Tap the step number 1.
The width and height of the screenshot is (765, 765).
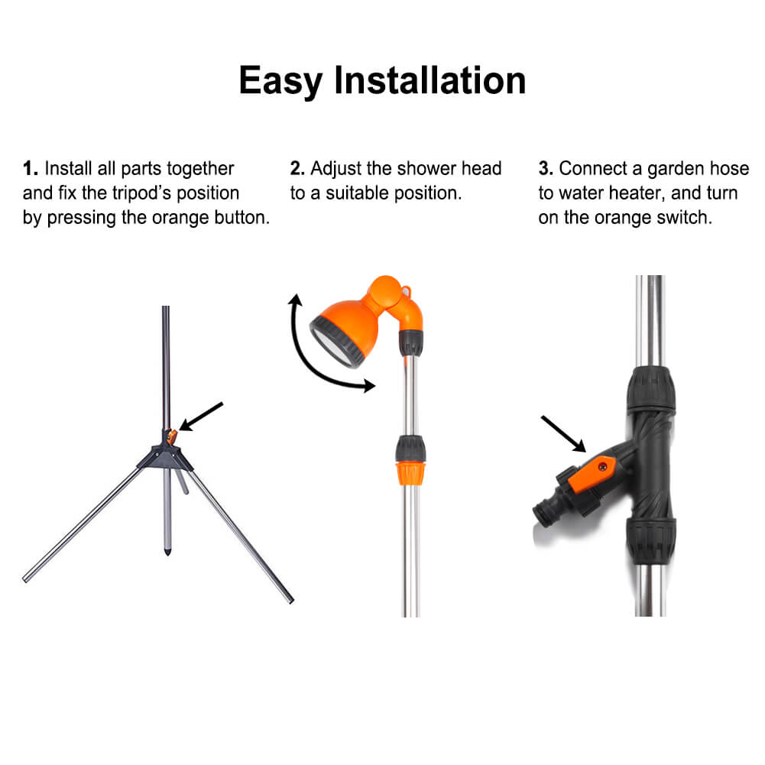pos(29,168)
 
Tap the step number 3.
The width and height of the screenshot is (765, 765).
pos(545,168)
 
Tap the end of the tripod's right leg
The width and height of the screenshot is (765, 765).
pos(288,598)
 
